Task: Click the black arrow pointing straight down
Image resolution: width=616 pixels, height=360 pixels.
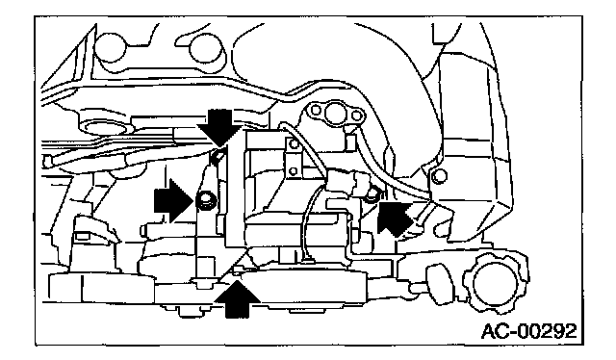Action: tap(219, 126)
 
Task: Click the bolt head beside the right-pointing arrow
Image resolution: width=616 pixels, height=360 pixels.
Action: tap(206, 200)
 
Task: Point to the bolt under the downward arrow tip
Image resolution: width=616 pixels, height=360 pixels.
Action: tap(218, 156)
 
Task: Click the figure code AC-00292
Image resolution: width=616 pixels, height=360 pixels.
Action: tap(529, 331)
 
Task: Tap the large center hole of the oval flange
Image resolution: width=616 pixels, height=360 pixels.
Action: tap(335, 113)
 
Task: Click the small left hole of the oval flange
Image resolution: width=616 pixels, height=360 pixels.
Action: tap(316, 110)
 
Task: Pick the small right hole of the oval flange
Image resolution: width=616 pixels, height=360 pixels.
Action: tap(356, 116)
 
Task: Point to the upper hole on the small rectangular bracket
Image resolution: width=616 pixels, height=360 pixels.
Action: tap(294, 144)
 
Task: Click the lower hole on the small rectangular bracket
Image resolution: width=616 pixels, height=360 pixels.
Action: tap(293, 171)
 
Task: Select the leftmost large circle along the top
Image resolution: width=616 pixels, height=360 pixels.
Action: tap(111, 47)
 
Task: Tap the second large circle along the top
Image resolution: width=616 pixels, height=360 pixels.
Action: tap(205, 49)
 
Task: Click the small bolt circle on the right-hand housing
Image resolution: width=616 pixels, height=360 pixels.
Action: tap(439, 176)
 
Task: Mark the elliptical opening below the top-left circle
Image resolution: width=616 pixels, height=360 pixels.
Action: tap(105, 129)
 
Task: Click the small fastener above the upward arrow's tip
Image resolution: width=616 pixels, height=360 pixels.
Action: tap(237, 270)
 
